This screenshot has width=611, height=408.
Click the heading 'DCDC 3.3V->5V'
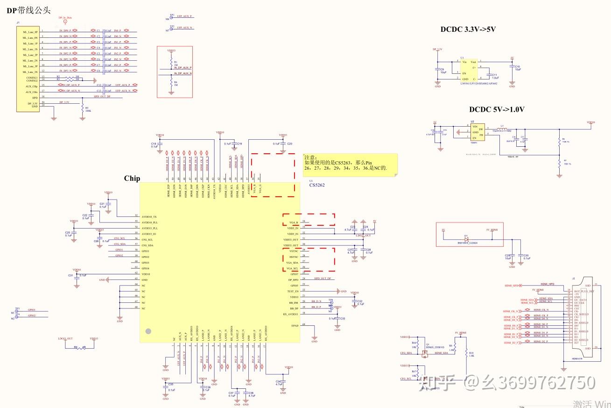pyautogui.click(x=468, y=29)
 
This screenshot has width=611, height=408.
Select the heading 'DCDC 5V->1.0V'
pyautogui.click(x=497, y=110)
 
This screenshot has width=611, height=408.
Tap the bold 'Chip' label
pyautogui.click(x=132, y=179)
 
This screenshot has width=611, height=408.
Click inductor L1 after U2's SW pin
pyautogui.click(x=502, y=129)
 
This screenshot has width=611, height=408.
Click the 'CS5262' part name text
pyautogui.click(x=316, y=185)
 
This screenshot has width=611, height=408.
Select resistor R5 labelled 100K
pyautogui.click(x=82, y=109)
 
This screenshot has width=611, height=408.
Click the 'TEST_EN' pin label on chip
pyautogui.click(x=293, y=291)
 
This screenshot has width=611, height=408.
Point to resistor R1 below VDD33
pyautogui.click(x=171, y=62)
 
